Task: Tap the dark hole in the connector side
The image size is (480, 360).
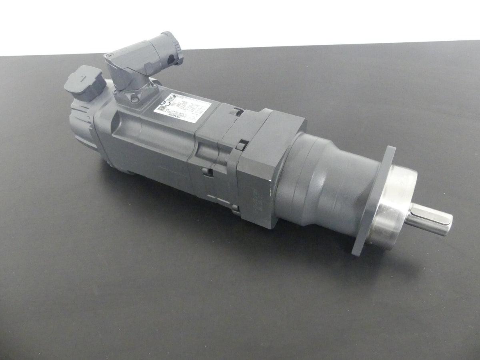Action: click(171, 60)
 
